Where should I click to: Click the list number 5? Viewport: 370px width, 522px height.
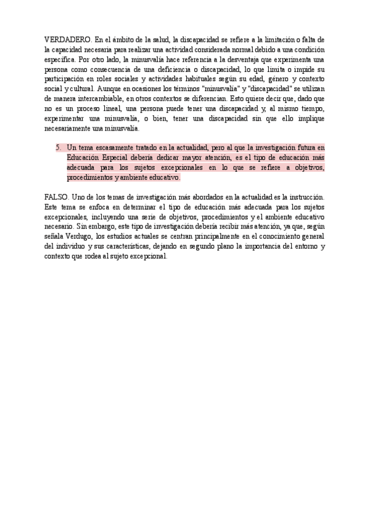pyautogui.click(x=58, y=148)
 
